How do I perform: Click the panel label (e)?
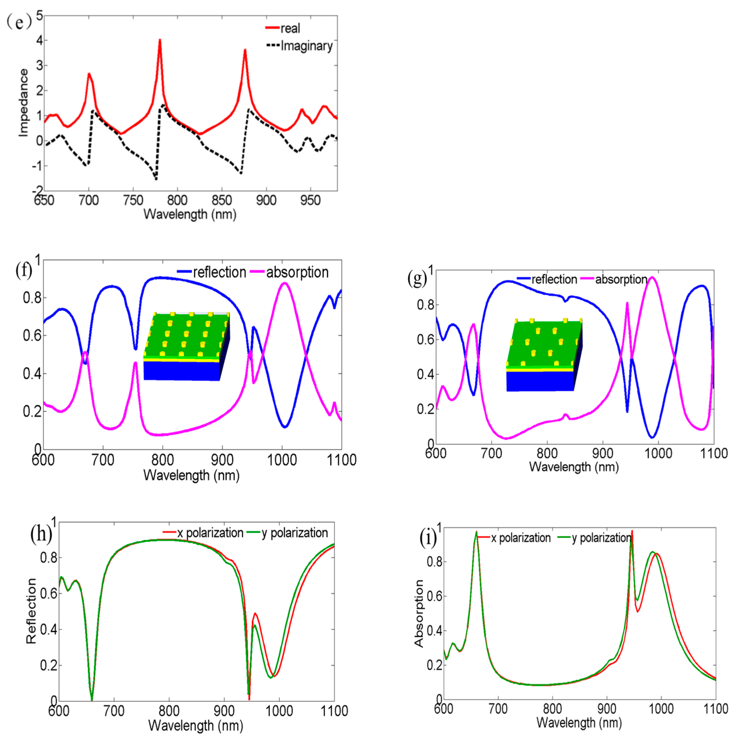coord(19,22)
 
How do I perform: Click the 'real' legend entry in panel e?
coord(290,28)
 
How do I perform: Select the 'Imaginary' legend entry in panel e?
coord(306,46)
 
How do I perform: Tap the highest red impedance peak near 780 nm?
coord(160,40)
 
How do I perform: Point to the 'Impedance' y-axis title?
coord(23,103)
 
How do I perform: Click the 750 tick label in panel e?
coord(133,200)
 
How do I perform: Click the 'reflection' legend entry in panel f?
coord(219,272)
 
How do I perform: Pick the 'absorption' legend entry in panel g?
coord(621,279)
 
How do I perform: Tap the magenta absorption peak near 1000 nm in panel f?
coord(284,283)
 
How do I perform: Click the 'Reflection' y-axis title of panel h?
coord(31,611)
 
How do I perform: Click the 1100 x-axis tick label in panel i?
coord(715,709)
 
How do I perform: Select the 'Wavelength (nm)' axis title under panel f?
coord(191,475)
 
